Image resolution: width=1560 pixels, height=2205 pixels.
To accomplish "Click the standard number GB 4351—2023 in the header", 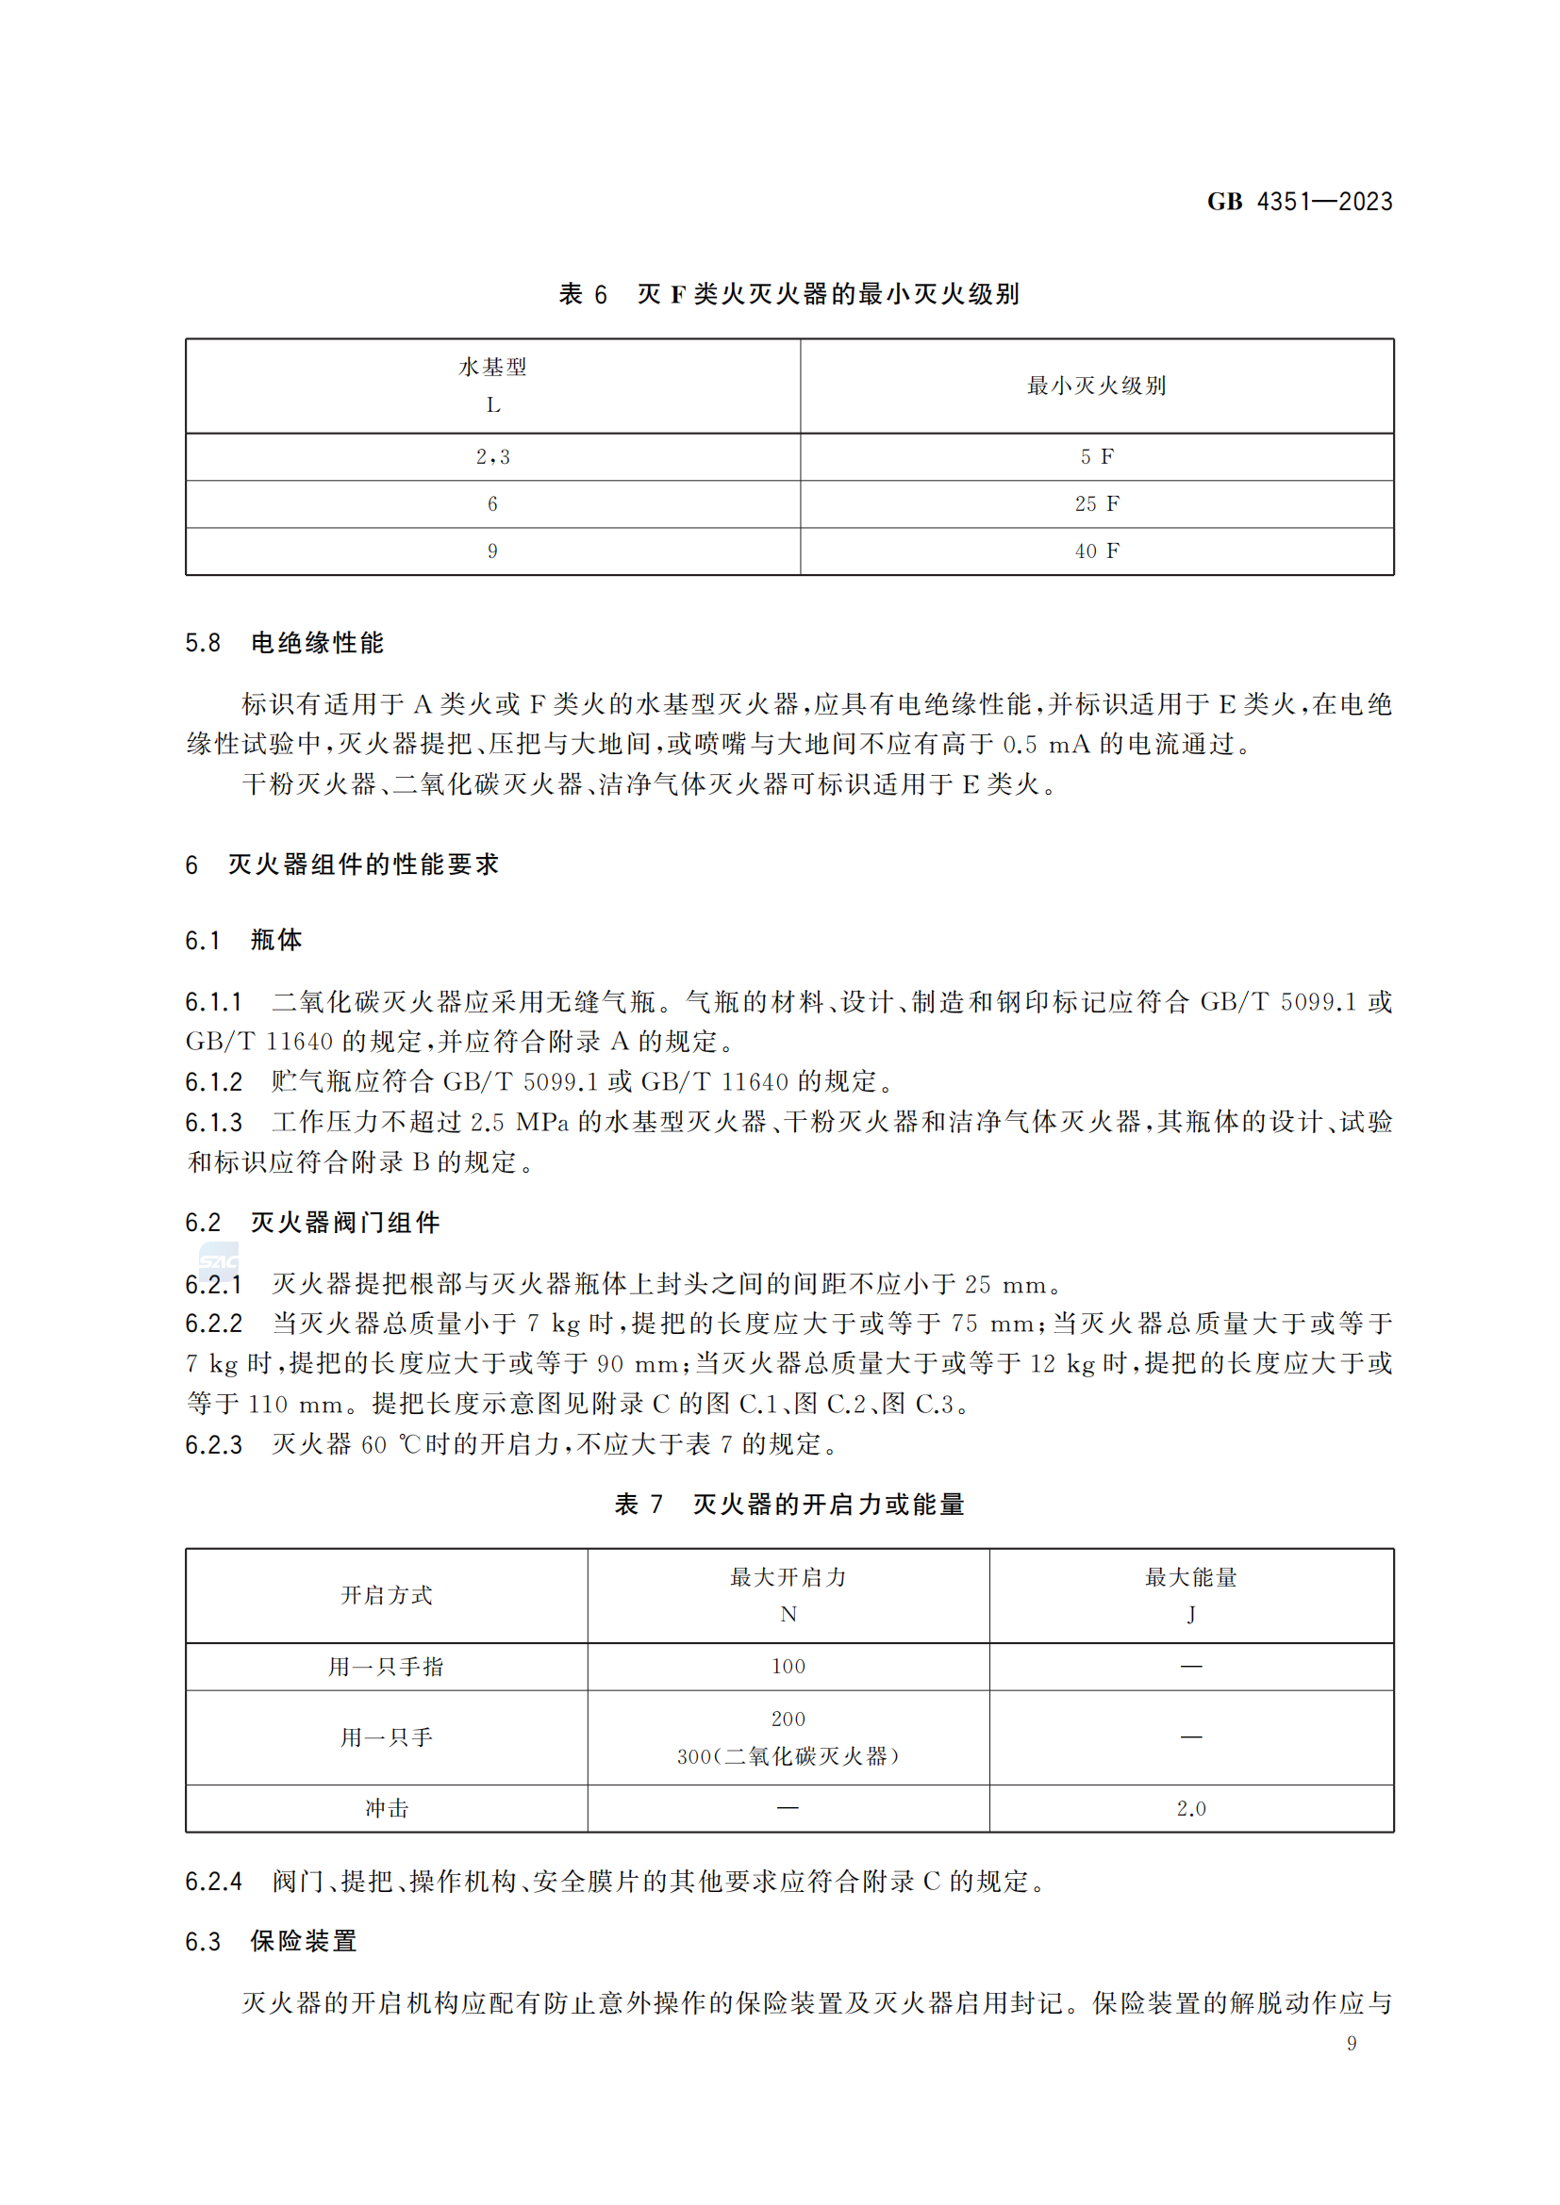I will pyautogui.click(x=1299, y=202).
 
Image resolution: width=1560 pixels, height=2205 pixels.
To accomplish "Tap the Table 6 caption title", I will pyautogui.click(x=788, y=294).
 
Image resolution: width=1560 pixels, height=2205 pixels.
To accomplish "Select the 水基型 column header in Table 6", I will pyautogui.click(x=492, y=386).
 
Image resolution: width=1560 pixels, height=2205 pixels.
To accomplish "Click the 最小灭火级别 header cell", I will pyautogui.click(x=1096, y=387).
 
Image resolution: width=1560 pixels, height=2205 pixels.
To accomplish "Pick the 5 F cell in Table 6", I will pyautogui.click(x=1096, y=457).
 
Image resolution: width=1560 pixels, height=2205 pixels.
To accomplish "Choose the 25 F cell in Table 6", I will pyautogui.click(x=1096, y=504).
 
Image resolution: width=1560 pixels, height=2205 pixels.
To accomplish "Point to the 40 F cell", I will pyautogui.click(x=1096, y=551).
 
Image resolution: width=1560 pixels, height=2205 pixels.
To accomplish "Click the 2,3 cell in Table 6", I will pyautogui.click(x=492, y=457).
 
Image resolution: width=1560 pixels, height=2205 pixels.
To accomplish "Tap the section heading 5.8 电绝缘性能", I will pyautogui.click(x=284, y=643).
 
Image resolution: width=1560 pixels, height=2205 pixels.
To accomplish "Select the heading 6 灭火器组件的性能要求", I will pyautogui.click(x=342, y=864).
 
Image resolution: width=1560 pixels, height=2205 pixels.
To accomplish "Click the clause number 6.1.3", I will pyautogui.click(x=213, y=1122).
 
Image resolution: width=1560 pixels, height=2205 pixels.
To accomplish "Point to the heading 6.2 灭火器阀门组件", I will pyautogui.click(x=312, y=1223).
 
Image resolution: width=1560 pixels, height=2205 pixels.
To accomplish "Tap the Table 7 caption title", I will pyautogui.click(x=788, y=1504).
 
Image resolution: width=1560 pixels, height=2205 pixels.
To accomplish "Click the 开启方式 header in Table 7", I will pyautogui.click(x=386, y=1595).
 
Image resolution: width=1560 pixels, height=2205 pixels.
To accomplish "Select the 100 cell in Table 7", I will pyautogui.click(x=788, y=1666).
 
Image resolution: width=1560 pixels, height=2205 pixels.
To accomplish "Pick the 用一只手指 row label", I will pyautogui.click(x=386, y=1666).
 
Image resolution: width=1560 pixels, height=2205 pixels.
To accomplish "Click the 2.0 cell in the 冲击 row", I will pyautogui.click(x=1190, y=1808).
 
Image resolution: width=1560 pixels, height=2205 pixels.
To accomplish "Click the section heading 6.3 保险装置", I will pyautogui.click(x=271, y=1941).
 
